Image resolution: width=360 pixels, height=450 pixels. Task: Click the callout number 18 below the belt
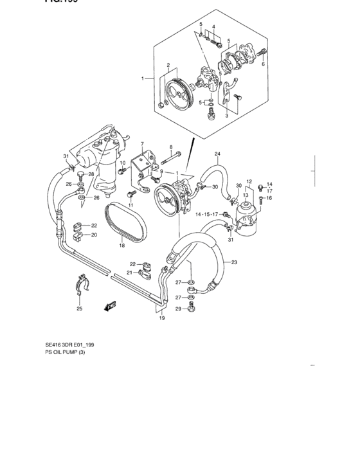pos(122,246)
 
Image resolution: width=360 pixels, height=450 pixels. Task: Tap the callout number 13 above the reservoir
pos(246,194)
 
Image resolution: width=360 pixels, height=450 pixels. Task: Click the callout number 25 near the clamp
pos(80,309)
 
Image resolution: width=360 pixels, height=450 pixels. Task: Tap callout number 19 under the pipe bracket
pos(162,318)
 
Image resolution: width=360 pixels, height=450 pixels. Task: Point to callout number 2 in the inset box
pos(168,66)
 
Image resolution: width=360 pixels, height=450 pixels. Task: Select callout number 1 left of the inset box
pos(144,79)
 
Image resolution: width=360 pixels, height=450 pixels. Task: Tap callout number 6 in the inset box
pos(263,64)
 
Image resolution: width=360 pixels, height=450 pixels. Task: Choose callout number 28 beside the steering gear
pos(91,174)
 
